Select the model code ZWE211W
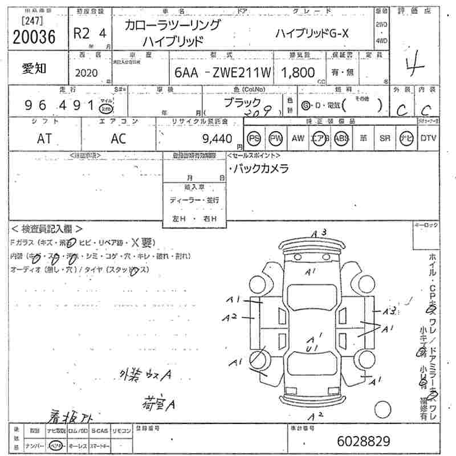click(240, 72)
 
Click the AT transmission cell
click(44, 139)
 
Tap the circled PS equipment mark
click(255, 138)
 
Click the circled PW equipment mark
click(276, 138)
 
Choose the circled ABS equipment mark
click(342, 138)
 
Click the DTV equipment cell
click(428, 138)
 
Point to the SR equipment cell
click(385, 138)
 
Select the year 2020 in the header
click(87, 73)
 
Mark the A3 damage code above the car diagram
click(319, 233)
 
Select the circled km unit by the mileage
click(106, 108)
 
